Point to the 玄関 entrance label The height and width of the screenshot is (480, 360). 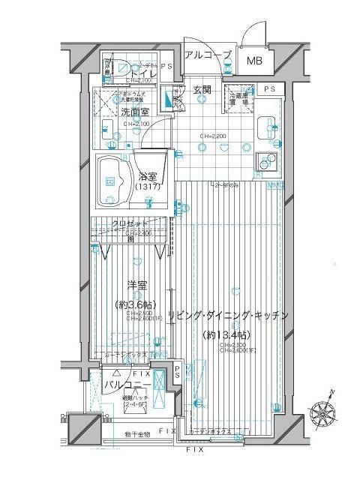point(202,90)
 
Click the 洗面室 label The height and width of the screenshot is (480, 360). point(134,112)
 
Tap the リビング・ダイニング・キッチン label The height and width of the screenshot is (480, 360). point(229,315)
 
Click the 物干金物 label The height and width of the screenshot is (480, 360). point(138,434)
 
